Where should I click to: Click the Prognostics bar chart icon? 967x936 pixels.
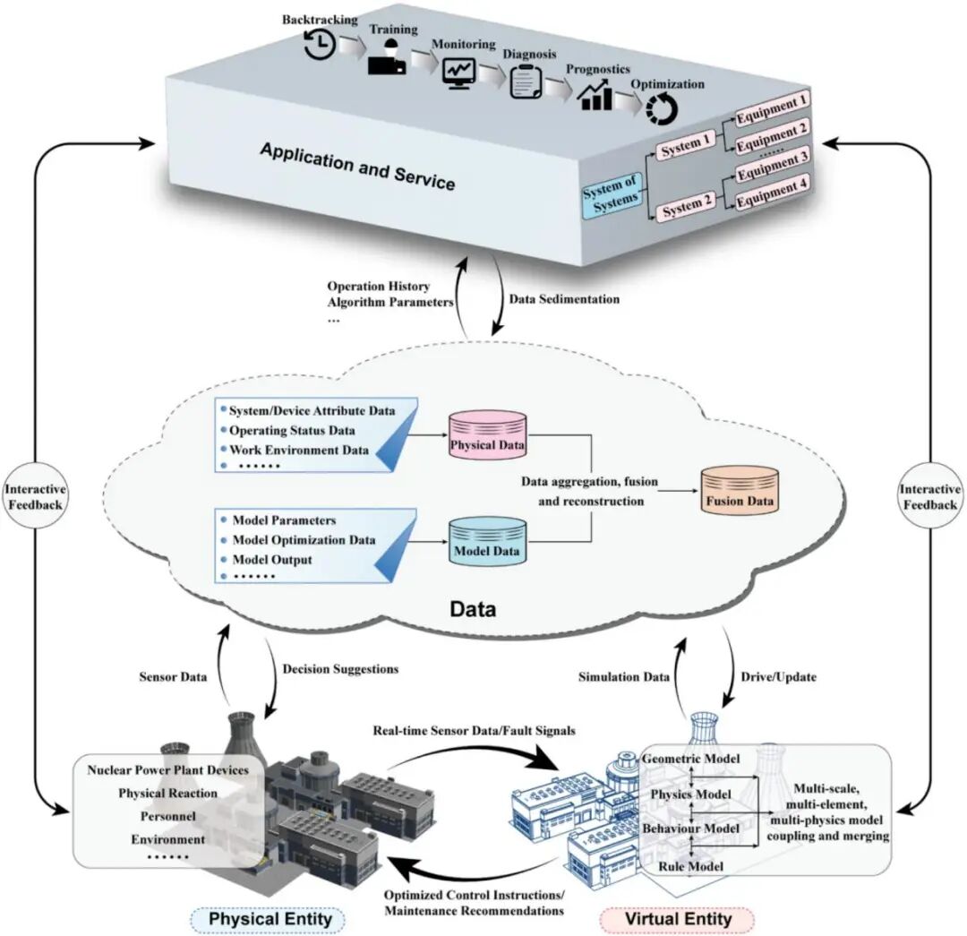[x=595, y=94]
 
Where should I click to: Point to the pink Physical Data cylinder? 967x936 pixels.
[x=487, y=434]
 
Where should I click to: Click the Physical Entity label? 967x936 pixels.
[x=270, y=920]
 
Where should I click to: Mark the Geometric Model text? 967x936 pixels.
[x=691, y=760]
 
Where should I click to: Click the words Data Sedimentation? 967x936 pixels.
[x=564, y=298]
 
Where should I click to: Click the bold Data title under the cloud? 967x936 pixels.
[x=472, y=610]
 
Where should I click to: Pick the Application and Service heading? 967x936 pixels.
[x=357, y=165]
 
